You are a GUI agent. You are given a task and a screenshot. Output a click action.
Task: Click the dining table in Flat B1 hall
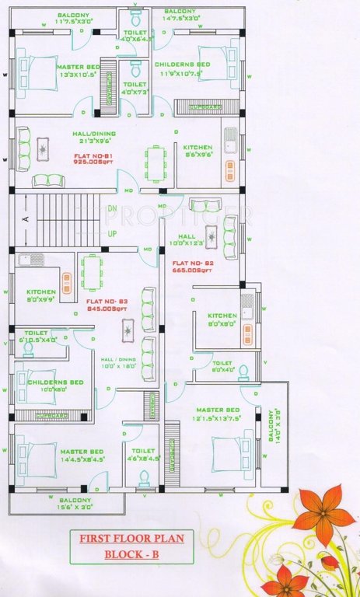(156, 163)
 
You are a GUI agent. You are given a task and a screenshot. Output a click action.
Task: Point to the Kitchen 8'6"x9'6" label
(197, 151)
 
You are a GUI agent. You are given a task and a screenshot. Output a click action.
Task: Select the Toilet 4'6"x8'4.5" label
(143, 455)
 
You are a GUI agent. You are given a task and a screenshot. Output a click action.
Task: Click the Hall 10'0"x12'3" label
(187, 240)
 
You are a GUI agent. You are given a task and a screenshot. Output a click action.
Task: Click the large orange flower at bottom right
(320, 515)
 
